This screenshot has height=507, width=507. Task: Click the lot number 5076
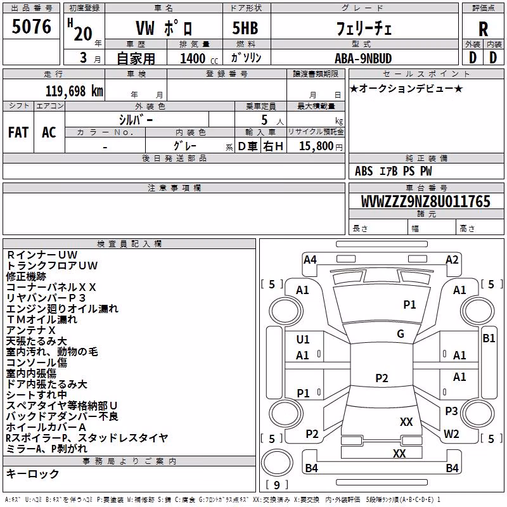tap(31, 26)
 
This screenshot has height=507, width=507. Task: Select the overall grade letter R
tap(483, 29)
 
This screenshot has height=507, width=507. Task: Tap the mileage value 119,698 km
tap(74, 91)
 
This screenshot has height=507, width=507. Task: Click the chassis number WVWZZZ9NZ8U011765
tap(425, 201)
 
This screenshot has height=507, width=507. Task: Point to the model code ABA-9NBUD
tap(363, 58)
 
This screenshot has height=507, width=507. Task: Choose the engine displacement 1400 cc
tap(199, 58)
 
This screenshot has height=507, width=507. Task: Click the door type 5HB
tap(245, 28)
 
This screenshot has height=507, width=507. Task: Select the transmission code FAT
tap(18, 132)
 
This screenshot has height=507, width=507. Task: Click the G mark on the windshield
tap(401, 333)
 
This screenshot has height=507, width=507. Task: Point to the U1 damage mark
tap(303, 339)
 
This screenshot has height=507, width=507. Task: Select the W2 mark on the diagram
tap(451, 433)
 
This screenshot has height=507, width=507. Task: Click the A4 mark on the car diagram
tap(310, 259)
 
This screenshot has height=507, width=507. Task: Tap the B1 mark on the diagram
tap(489, 338)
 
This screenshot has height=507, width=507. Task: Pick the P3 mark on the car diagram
tap(451, 411)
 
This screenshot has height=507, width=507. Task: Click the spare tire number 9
tap(277, 485)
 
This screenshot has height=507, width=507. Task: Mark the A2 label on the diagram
tap(452, 259)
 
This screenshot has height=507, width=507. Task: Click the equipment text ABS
tap(364, 171)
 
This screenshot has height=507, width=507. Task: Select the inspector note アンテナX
tap(30, 330)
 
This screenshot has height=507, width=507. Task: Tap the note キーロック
tap(33, 473)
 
